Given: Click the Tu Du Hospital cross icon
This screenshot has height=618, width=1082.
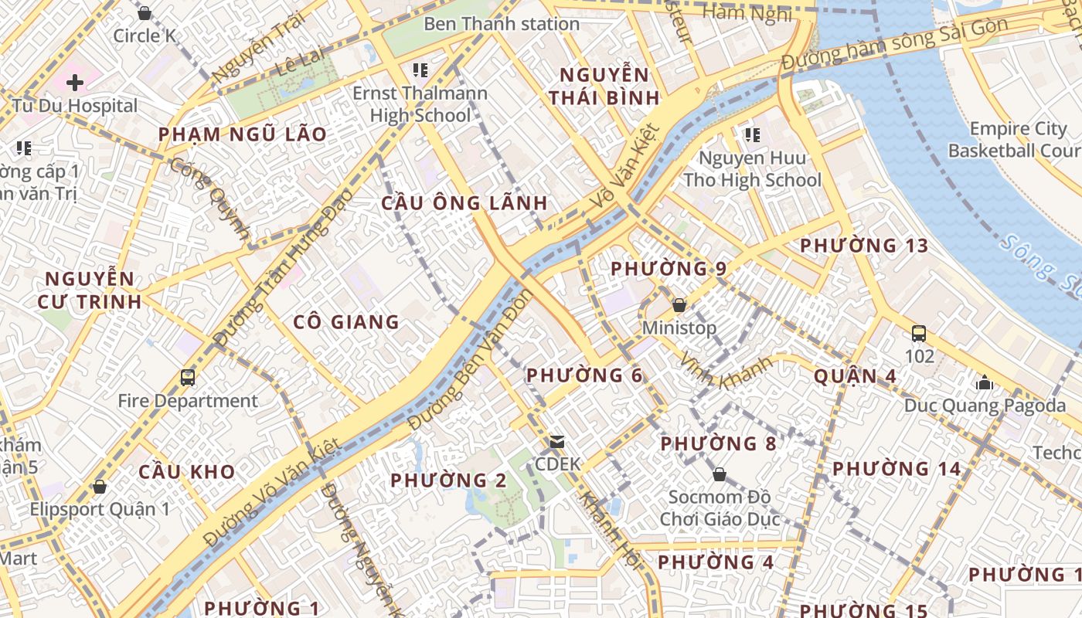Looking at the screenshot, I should (x=75, y=82).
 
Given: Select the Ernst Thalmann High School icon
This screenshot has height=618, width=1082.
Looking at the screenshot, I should (x=420, y=71).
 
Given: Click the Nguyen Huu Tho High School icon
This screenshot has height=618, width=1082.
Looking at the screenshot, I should (x=752, y=136).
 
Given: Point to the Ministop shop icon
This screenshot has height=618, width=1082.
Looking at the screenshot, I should (x=679, y=305).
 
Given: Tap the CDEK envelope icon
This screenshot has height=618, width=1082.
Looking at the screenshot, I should (x=556, y=442).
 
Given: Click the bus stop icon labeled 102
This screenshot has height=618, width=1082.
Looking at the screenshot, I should (x=919, y=334).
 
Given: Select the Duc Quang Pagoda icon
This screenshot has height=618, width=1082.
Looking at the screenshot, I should (x=984, y=382).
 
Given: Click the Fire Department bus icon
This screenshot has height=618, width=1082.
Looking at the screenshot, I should (x=188, y=378).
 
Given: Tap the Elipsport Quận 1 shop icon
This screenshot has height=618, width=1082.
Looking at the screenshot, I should (x=99, y=487).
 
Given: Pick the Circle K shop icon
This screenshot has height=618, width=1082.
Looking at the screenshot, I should (x=144, y=13).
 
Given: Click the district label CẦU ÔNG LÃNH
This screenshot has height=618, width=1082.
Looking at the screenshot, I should (x=464, y=203).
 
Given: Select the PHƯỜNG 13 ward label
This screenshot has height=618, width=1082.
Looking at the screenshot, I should (x=863, y=246).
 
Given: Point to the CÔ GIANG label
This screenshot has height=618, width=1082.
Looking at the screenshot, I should (x=346, y=322).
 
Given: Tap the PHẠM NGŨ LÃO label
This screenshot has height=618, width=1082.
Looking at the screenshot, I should (x=242, y=134).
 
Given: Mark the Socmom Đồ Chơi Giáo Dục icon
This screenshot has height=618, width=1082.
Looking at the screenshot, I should (x=719, y=474).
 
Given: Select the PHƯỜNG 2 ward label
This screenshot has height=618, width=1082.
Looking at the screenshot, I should (x=448, y=480).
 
